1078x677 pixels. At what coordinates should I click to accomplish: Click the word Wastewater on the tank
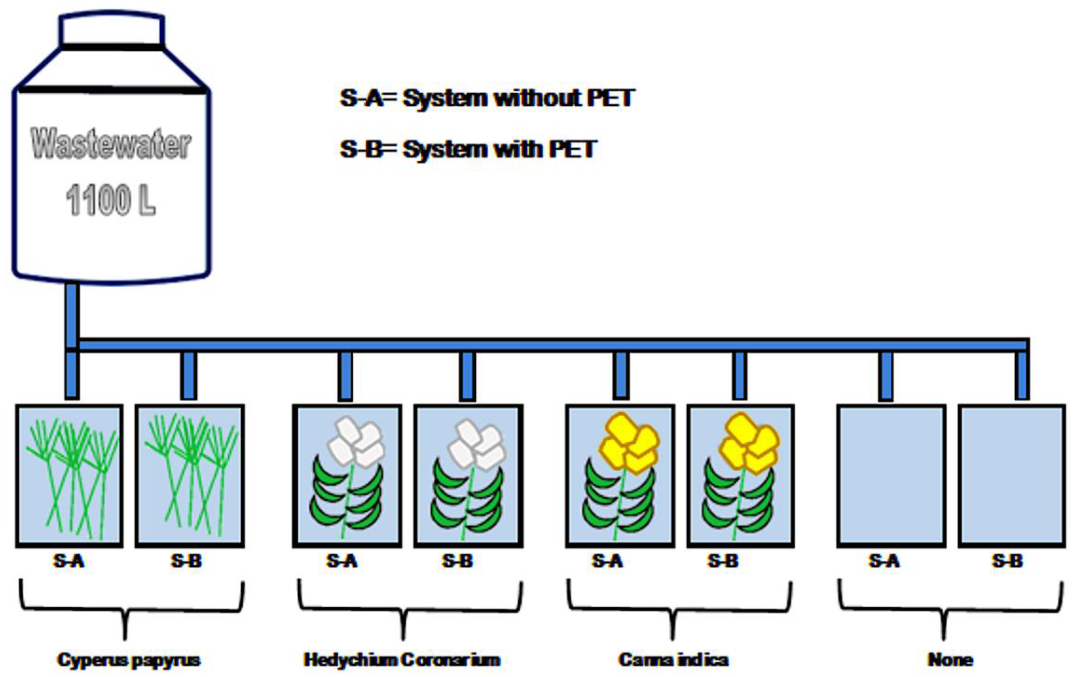[111, 144]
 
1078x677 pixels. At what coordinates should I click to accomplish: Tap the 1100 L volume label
[111, 200]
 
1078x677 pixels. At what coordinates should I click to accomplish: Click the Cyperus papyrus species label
[129, 660]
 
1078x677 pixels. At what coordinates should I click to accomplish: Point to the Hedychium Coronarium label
[402, 660]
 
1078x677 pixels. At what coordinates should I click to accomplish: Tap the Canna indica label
[674, 660]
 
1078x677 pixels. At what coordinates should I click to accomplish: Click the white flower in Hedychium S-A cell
[357, 441]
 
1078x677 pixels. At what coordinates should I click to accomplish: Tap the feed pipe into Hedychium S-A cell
[345, 376]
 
